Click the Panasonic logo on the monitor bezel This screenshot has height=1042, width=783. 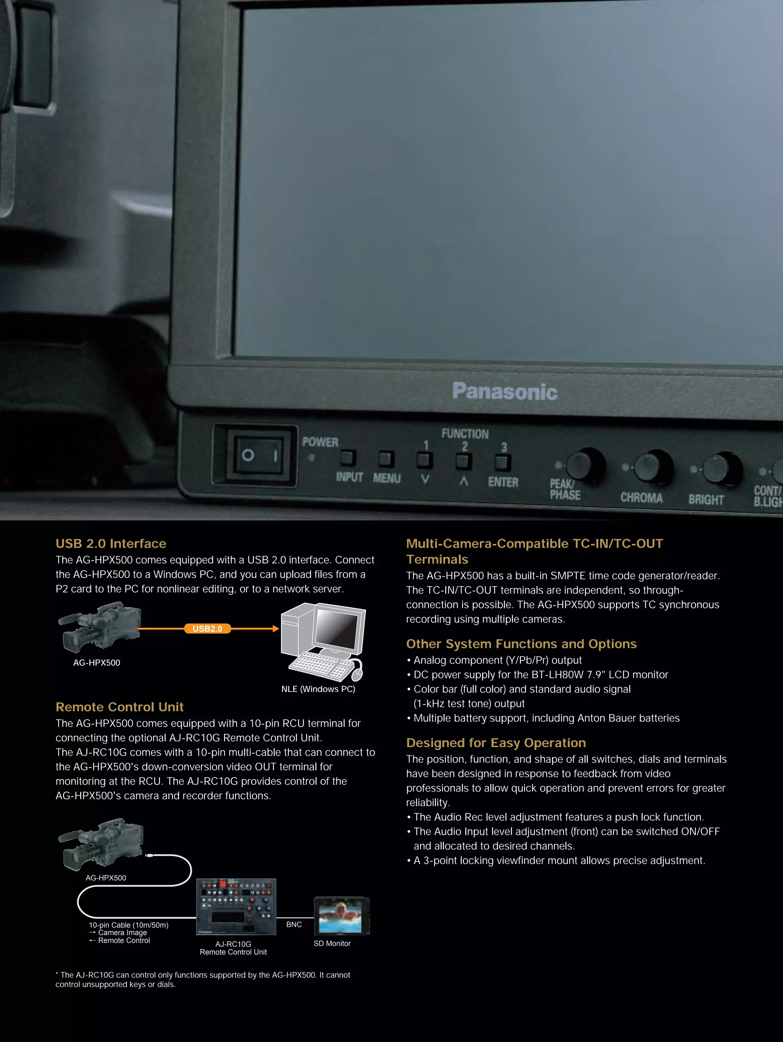coord(505,391)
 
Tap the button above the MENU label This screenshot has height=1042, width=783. coord(386,458)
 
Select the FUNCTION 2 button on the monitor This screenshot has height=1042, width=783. coord(464,461)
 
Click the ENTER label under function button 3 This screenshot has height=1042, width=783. coord(503,482)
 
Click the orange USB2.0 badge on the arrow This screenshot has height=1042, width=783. coord(207,628)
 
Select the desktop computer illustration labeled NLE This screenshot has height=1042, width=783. coord(323,641)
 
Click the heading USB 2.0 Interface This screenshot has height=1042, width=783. coord(111,544)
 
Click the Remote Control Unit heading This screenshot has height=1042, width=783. coord(119,707)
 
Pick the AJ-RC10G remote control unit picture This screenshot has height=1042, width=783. coord(236,906)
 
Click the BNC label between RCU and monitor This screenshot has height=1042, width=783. coord(294,924)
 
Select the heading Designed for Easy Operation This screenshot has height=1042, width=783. coord(495,743)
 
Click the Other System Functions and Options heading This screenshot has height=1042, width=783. coord(521,644)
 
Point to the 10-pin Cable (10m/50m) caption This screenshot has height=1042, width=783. coord(128,925)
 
